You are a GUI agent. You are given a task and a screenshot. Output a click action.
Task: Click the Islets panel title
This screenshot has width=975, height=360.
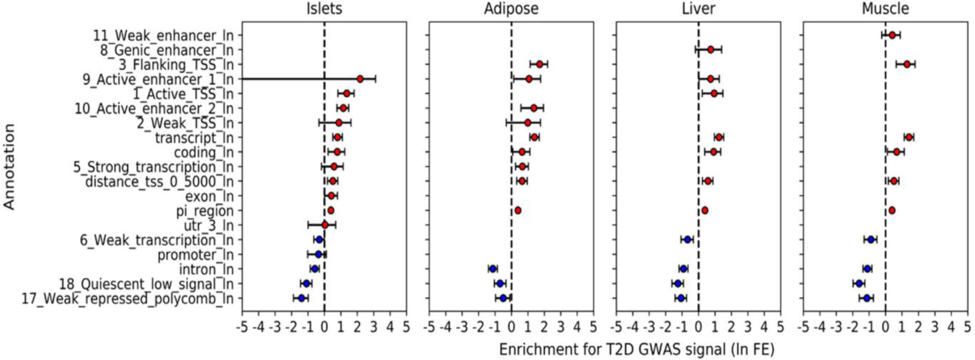coord(324,8)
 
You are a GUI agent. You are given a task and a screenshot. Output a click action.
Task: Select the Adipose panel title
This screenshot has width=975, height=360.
coord(511,8)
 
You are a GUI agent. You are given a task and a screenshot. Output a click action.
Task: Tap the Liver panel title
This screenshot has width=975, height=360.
coord(699,8)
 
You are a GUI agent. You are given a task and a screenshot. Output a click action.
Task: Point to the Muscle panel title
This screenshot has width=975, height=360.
coord(885,8)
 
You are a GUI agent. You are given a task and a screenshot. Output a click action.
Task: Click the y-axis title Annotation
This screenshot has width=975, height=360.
coord(10,167)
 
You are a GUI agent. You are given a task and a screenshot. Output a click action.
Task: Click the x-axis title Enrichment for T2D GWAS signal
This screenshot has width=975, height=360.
coord(636,349)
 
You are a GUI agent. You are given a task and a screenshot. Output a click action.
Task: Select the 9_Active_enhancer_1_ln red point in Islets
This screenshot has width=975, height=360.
coord(360,79)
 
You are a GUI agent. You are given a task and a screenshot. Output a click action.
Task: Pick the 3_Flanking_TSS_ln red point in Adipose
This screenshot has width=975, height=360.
coord(539,64)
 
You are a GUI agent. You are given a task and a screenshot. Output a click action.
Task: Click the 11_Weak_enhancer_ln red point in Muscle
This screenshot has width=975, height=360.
coord(892,35)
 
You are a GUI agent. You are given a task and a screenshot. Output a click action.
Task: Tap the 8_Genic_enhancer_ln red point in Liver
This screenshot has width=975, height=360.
coord(710,49)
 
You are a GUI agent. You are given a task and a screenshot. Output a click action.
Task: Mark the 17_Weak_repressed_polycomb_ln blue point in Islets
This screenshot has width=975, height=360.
coord(301,298)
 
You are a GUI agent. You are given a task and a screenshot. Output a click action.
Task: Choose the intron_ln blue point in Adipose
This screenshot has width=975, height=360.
coord(493,269)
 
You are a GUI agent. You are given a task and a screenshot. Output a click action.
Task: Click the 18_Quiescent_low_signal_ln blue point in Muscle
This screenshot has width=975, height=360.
coord(859,283)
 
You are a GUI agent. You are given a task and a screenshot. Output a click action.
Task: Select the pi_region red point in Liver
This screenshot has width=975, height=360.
coord(704,210)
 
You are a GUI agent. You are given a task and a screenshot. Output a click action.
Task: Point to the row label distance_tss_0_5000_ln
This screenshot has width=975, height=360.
coord(159,182)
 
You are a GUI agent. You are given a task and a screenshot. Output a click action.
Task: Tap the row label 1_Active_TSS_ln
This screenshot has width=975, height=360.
coord(183,94)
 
